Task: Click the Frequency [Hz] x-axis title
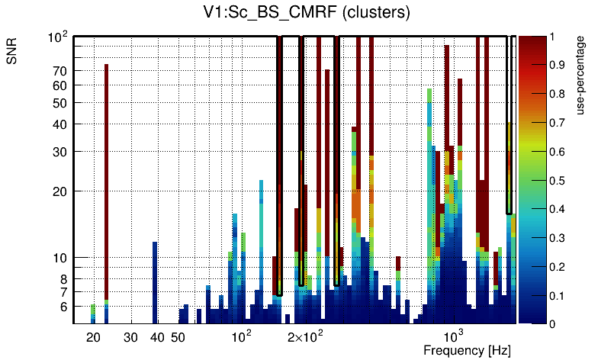click(x=467, y=350)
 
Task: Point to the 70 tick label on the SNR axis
click(x=60, y=71)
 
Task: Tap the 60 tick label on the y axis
click(x=60, y=85)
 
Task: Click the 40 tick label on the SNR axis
click(x=60, y=124)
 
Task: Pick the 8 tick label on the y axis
click(x=64, y=278)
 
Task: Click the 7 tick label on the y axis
click(x=64, y=292)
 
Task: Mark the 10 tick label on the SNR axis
click(x=60, y=258)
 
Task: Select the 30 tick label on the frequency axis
click(x=130, y=337)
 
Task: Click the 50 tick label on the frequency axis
click(x=178, y=337)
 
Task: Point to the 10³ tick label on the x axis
click(x=454, y=336)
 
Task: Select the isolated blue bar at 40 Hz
click(x=155, y=282)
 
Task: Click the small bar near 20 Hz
click(x=93, y=313)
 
